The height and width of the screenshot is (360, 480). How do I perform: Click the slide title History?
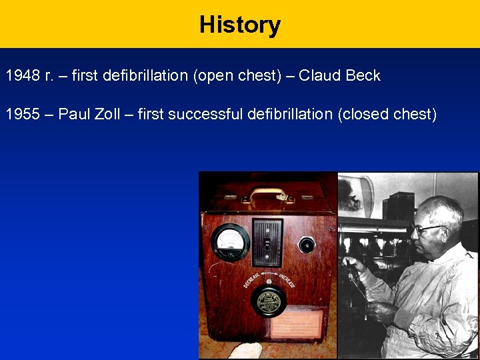(240, 25)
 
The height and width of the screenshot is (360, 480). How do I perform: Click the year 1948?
(23, 75)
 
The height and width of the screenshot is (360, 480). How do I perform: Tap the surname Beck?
(363, 75)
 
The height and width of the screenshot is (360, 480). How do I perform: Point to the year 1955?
(23, 114)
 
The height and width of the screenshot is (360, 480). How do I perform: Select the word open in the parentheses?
(213, 75)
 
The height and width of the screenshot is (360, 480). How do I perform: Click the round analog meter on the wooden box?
(229, 242)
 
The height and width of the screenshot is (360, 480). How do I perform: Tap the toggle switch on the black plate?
(268, 243)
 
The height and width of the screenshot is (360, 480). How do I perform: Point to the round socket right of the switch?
(307, 245)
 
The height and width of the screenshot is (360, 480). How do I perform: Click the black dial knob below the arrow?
(269, 302)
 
